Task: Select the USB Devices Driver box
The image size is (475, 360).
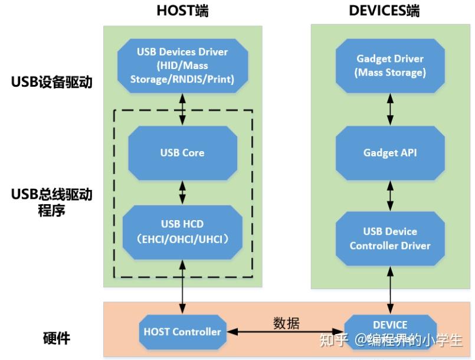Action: (x=182, y=66)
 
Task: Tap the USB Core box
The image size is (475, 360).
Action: (x=182, y=152)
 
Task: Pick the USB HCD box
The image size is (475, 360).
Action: (x=182, y=231)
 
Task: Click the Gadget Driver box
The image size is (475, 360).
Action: (x=390, y=66)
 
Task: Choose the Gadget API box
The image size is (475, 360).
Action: (x=390, y=152)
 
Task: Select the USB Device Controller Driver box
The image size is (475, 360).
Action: (x=390, y=238)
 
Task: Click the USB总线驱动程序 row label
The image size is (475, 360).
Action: (x=52, y=201)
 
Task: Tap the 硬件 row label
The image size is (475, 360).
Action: (x=57, y=338)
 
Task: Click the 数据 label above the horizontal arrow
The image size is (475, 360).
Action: (x=286, y=323)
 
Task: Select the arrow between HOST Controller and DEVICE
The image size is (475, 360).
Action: (x=286, y=333)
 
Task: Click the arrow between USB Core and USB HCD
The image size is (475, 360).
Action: (x=182, y=192)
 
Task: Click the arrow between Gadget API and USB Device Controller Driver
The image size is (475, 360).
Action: (x=390, y=195)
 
